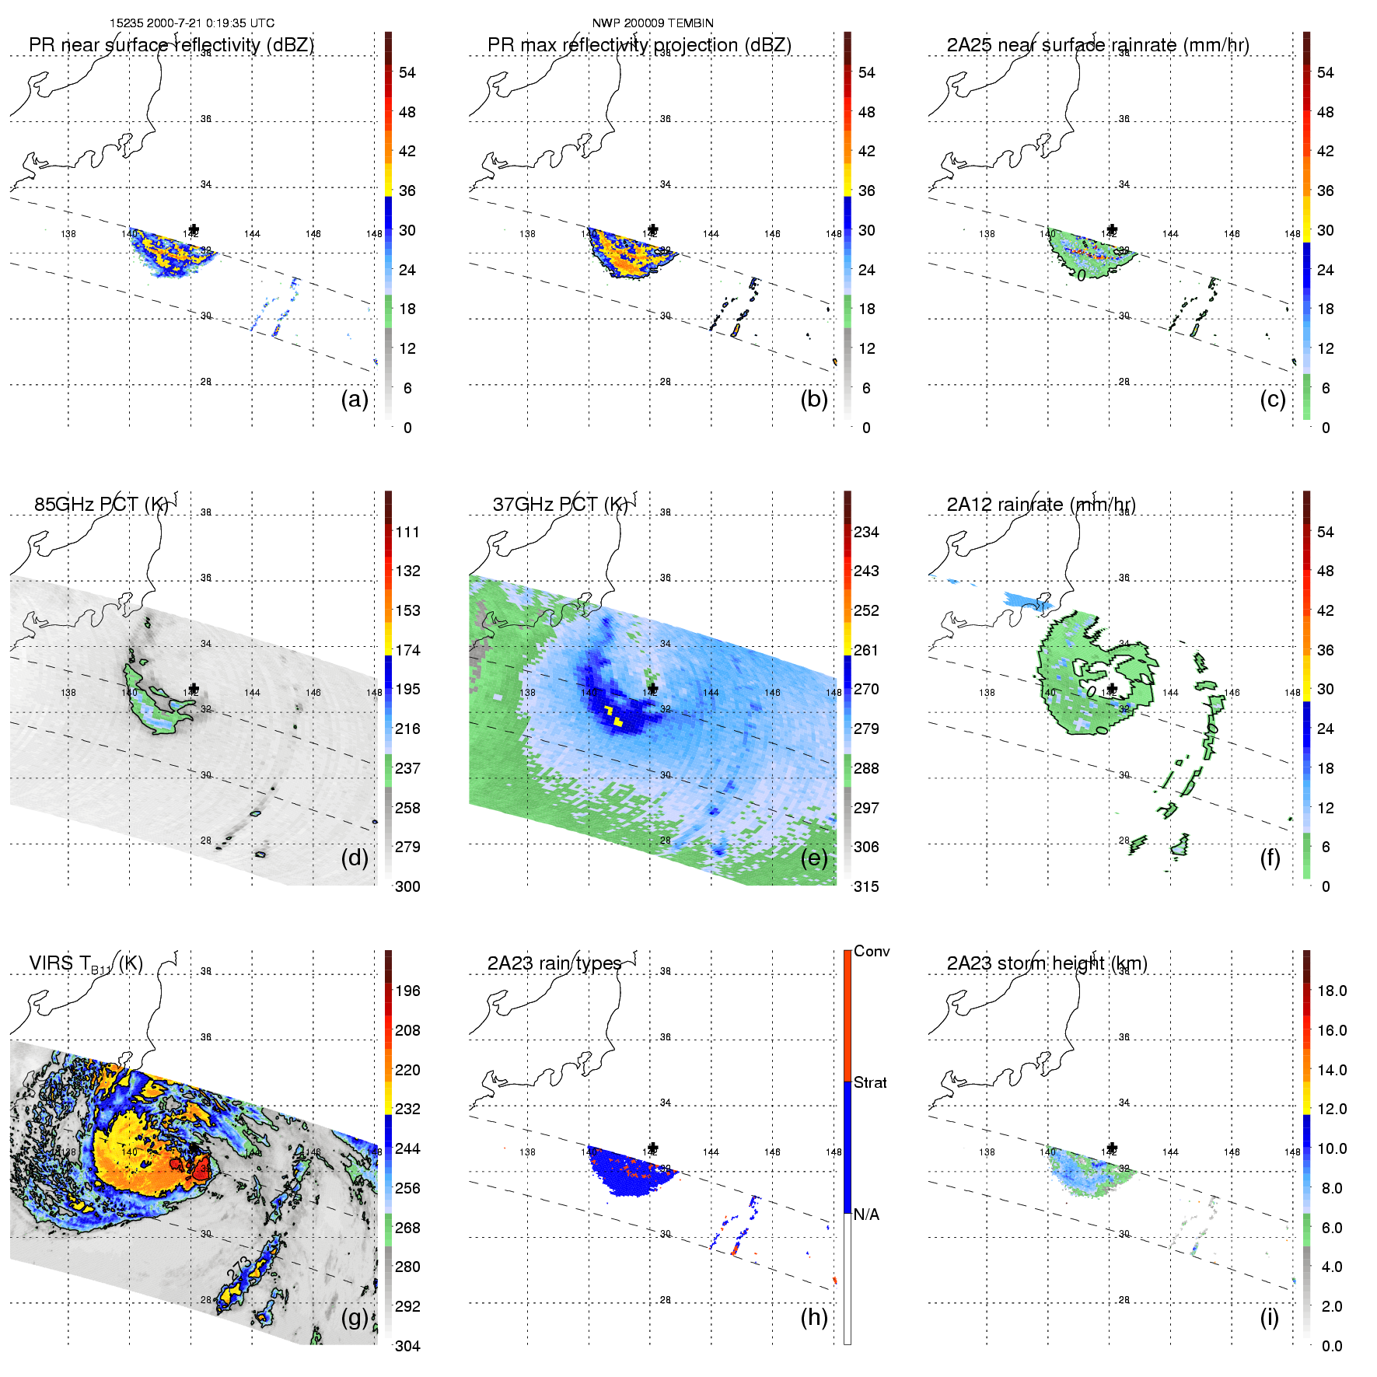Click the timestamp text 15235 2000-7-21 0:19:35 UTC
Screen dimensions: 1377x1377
pyautogui.click(x=191, y=23)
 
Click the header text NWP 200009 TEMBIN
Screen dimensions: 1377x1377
pyautogui.click(x=652, y=23)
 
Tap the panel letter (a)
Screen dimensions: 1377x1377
pyautogui.click(x=355, y=400)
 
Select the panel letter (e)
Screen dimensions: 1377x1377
pyautogui.click(x=814, y=858)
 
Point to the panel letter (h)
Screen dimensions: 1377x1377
pyautogui.click(x=814, y=1317)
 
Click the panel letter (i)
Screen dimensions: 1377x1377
pyautogui.click(x=1269, y=1317)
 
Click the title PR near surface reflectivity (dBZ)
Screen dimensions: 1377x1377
pyautogui.click(x=171, y=45)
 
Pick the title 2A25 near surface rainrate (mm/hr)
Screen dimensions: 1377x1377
pyautogui.click(x=1098, y=45)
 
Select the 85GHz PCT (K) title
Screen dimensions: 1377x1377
pyautogui.click(x=101, y=505)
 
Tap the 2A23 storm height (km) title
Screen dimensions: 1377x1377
pyautogui.click(x=1047, y=963)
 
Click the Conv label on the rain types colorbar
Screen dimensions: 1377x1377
pyautogui.click(x=872, y=952)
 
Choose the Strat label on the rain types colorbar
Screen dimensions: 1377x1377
pyautogui.click(x=870, y=1083)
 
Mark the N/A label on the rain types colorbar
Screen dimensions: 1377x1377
pyautogui.click(x=867, y=1214)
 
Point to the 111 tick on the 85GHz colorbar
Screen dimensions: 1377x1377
pyautogui.click(x=407, y=533)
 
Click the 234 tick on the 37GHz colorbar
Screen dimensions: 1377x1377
pyautogui.click(x=866, y=533)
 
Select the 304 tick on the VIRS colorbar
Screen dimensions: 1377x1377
pyautogui.click(x=407, y=1346)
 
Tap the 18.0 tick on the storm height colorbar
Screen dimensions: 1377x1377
pyautogui.click(x=1331, y=991)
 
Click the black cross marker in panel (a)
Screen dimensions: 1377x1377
pyautogui.click(x=194, y=229)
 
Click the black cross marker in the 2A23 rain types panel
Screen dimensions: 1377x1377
pyautogui.click(x=653, y=1148)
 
